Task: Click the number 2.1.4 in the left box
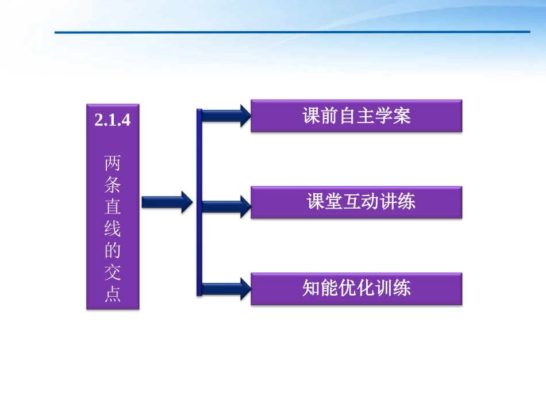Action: point(113,121)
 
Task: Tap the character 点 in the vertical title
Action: point(113,294)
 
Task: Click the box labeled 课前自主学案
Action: point(356,116)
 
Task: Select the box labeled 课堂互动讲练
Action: point(356,202)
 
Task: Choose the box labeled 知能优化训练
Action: point(356,288)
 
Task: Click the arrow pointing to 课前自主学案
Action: point(226,116)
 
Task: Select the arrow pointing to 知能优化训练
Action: point(226,288)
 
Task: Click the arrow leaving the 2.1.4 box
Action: point(166,202)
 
